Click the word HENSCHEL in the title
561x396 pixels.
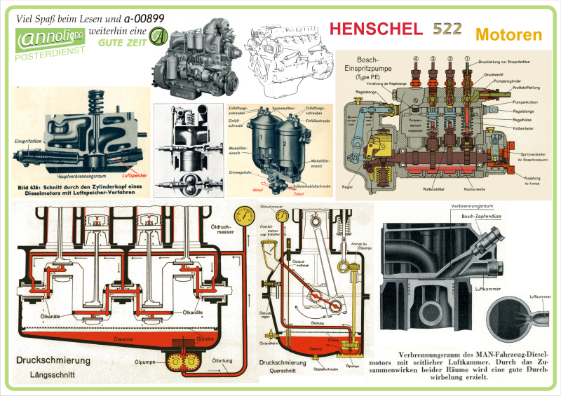[376, 29]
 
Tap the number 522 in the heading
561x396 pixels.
[447, 29]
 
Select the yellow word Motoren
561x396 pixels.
[508, 34]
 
